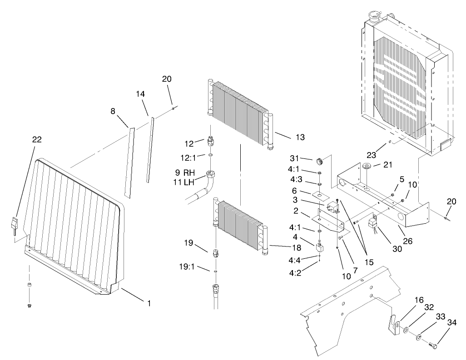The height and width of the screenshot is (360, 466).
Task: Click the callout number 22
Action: [x=37, y=139]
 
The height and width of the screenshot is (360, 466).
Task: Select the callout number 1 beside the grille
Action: [x=149, y=303]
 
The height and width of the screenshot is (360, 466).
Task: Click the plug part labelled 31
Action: [x=319, y=161]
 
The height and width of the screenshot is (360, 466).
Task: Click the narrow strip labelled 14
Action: [x=150, y=150]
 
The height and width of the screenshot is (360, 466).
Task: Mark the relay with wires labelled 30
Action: [x=373, y=223]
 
